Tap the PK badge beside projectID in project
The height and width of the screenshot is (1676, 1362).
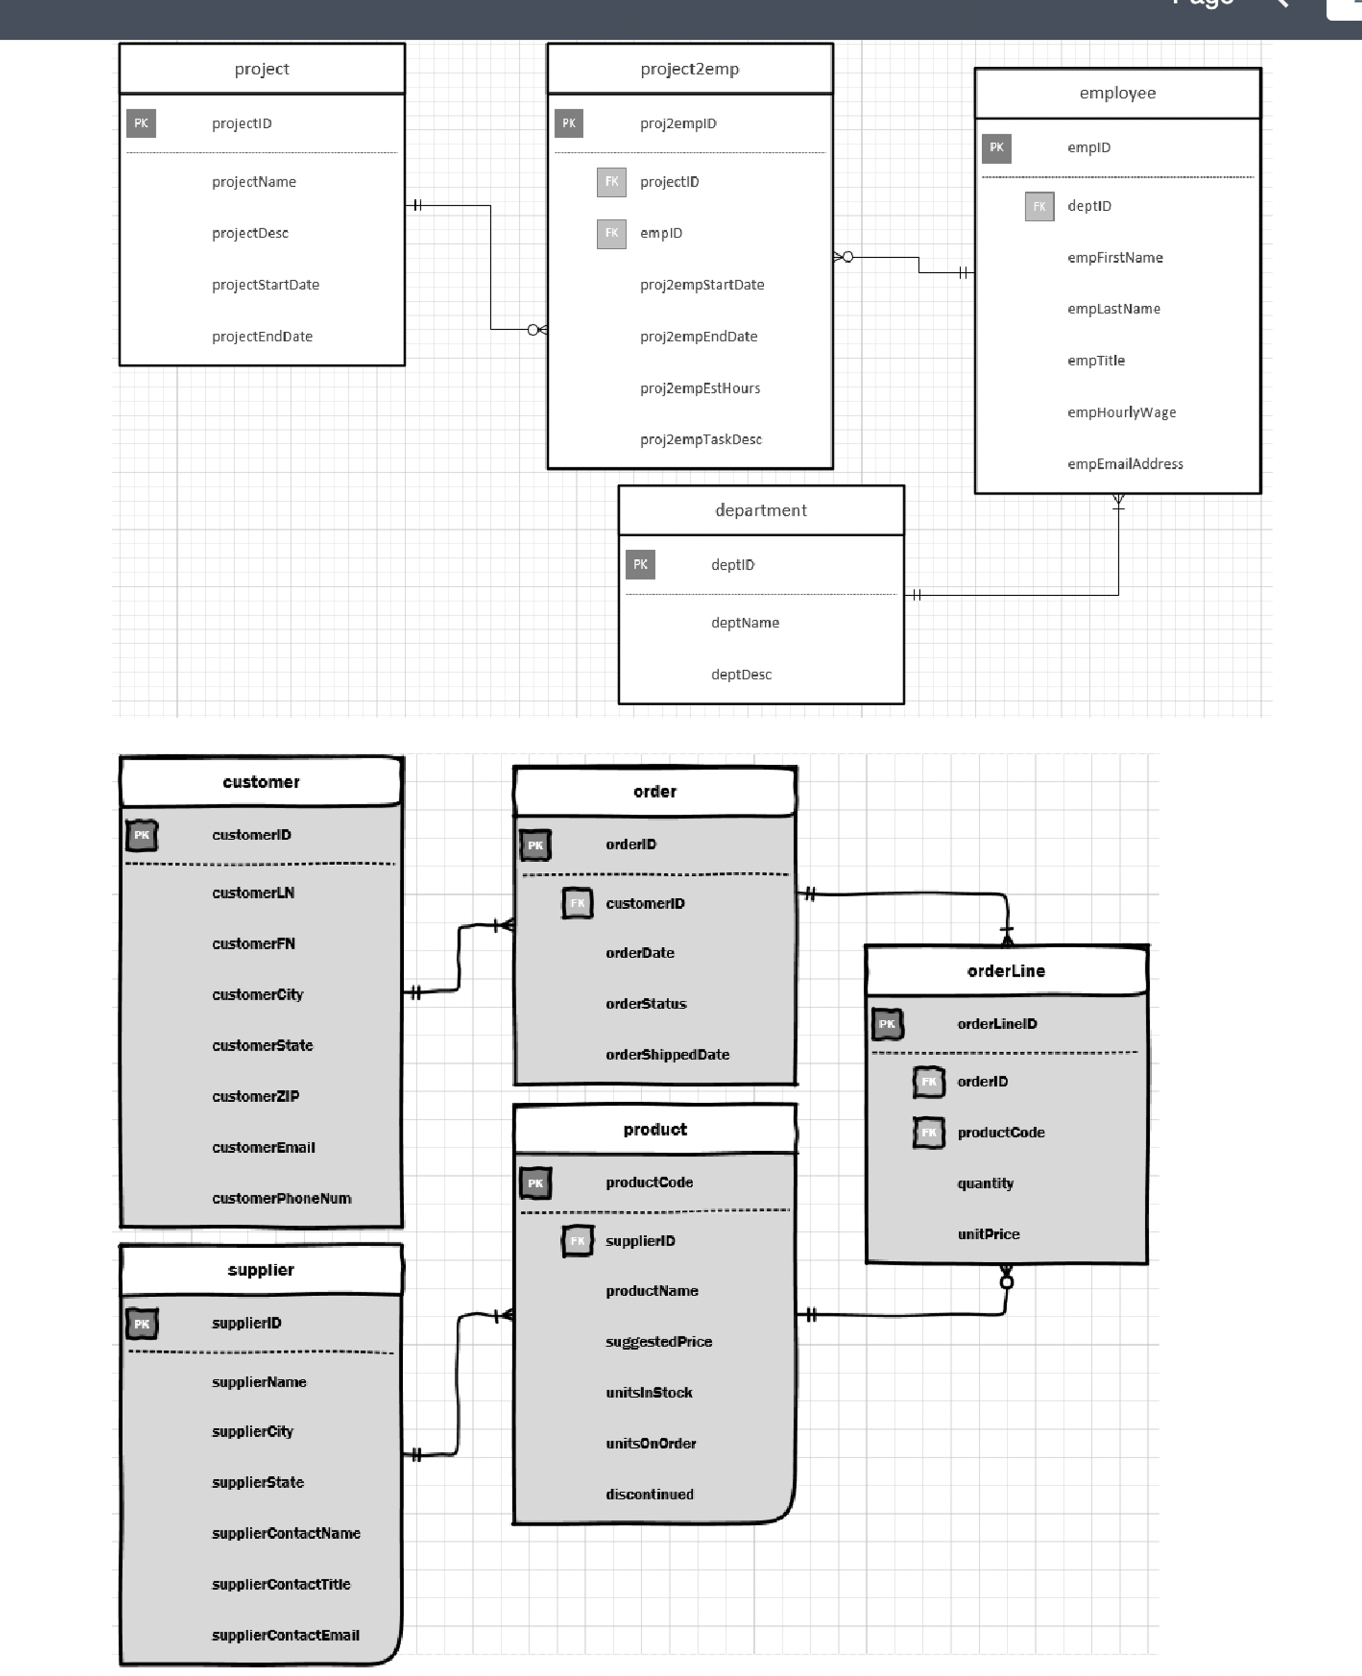pyautogui.click(x=141, y=123)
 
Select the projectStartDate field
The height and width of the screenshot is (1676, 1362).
pyautogui.click(x=265, y=285)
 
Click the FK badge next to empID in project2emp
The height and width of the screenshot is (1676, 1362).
pyautogui.click(x=611, y=233)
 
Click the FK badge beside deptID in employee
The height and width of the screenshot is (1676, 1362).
pyautogui.click(x=1039, y=206)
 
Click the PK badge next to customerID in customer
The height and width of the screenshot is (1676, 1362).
pyautogui.click(x=142, y=835)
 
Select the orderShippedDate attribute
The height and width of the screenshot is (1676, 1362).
pyautogui.click(x=667, y=1055)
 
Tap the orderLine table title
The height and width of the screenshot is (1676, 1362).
pyautogui.click(x=1006, y=971)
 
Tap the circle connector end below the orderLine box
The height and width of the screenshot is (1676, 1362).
pyautogui.click(x=1007, y=1282)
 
